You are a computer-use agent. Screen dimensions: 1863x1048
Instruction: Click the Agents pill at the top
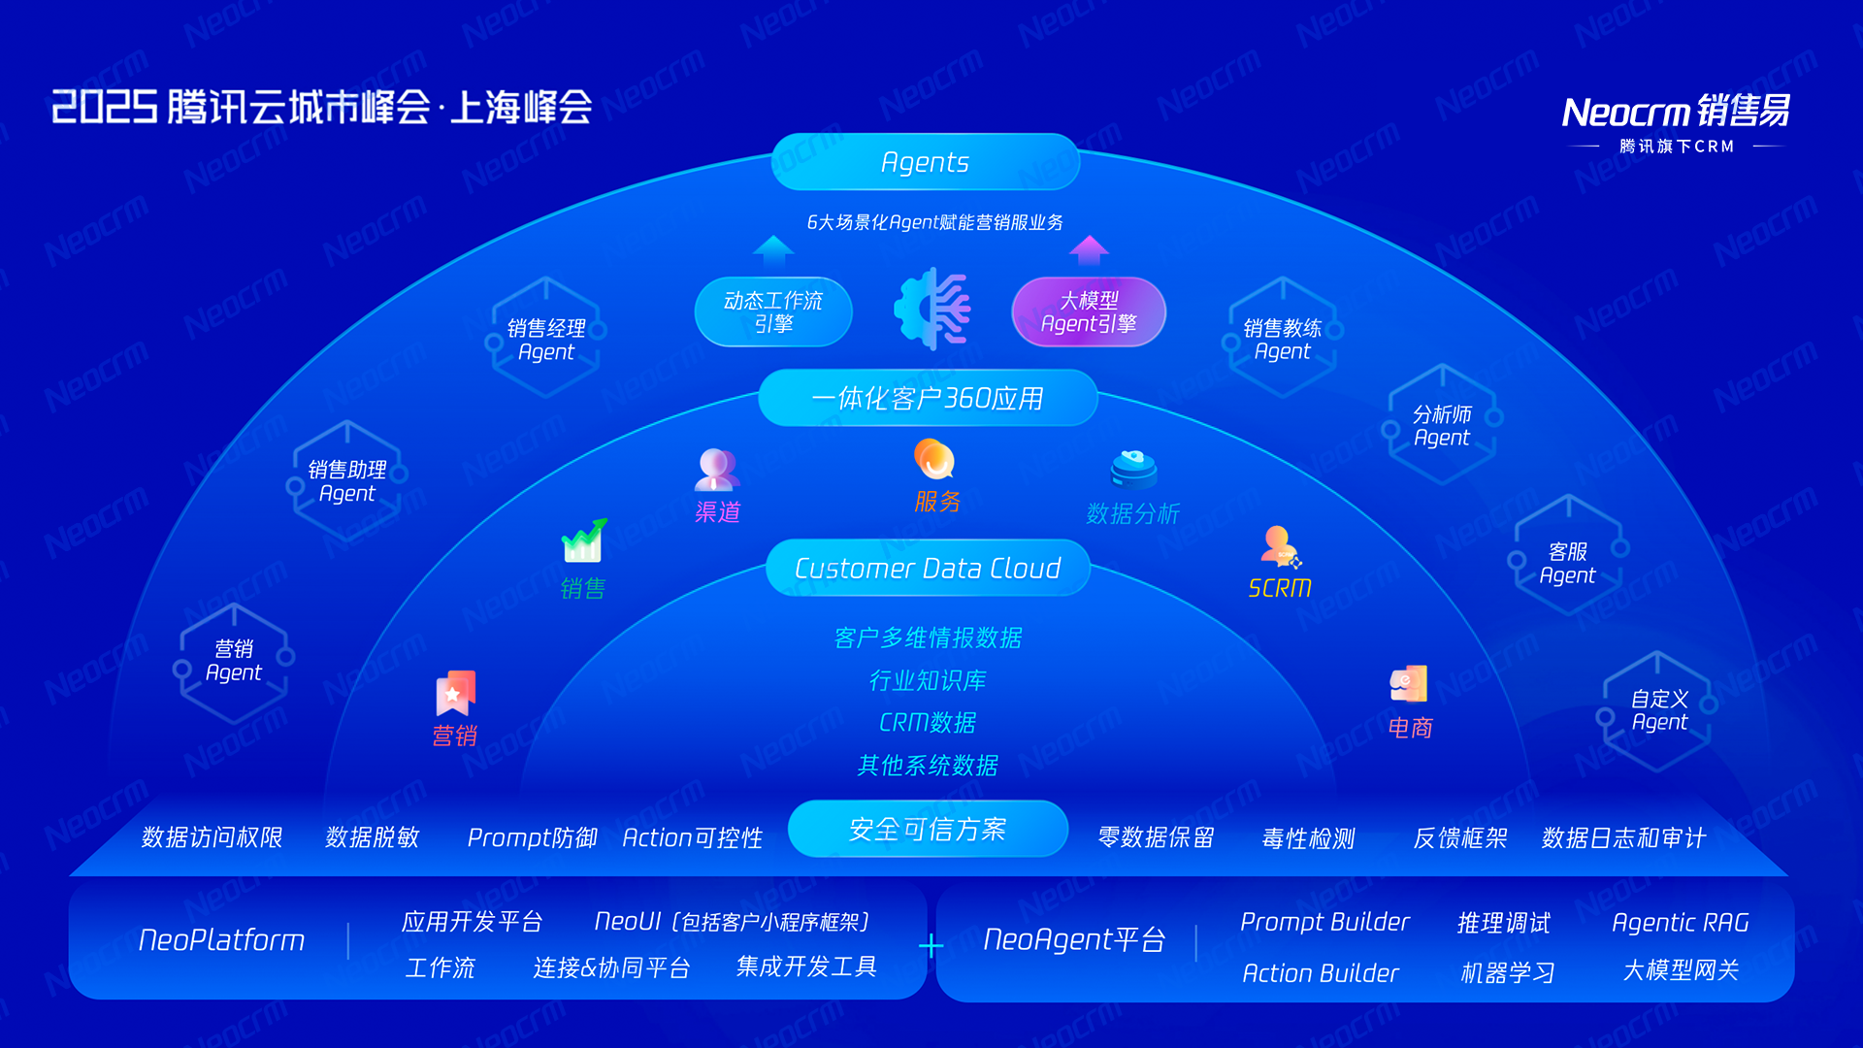[x=925, y=162]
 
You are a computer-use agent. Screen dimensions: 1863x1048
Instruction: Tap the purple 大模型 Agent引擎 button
[x=1089, y=312]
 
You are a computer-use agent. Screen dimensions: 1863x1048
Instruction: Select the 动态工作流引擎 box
[x=773, y=312]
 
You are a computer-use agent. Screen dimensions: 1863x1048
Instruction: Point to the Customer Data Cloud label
[x=928, y=569]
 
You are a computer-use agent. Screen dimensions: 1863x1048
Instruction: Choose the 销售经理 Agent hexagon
[x=545, y=339]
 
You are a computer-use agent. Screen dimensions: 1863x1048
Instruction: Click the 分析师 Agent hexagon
[x=1442, y=426]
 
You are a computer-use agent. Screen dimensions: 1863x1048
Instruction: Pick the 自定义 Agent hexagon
[x=1659, y=710]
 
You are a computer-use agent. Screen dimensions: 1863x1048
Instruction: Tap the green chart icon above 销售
[x=583, y=541]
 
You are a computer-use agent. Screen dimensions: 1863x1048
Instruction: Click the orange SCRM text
[x=1280, y=588]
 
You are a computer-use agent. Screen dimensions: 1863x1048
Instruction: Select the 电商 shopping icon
[x=1409, y=684]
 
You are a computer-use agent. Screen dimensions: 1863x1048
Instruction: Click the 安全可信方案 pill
[x=928, y=830]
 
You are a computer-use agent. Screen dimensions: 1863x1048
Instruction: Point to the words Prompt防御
[x=532, y=837]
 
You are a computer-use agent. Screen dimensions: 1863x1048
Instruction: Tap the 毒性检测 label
[x=1308, y=838]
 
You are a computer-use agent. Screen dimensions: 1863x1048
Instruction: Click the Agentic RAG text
[x=1680, y=923]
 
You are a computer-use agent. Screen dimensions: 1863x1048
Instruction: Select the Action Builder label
[x=1321, y=973]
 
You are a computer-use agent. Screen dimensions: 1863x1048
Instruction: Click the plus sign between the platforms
[x=931, y=945]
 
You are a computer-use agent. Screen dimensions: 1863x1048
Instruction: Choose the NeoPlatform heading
[x=221, y=940]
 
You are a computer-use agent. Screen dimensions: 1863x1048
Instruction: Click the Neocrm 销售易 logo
[x=1676, y=113]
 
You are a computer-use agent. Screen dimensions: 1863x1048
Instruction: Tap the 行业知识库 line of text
[x=928, y=680]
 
